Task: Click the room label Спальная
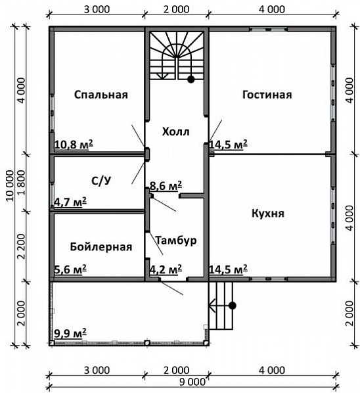coord(100,95)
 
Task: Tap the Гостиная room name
coord(266,95)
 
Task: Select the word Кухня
coord(267,214)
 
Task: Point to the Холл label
coord(175,131)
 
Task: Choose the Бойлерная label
coord(101,247)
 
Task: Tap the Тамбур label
coord(176,241)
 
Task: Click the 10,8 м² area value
coord(72,144)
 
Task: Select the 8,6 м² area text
coord(166,186)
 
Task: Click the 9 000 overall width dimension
coord(193,382)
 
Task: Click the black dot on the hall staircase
coord(191,80)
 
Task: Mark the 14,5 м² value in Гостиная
coord(228,144)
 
